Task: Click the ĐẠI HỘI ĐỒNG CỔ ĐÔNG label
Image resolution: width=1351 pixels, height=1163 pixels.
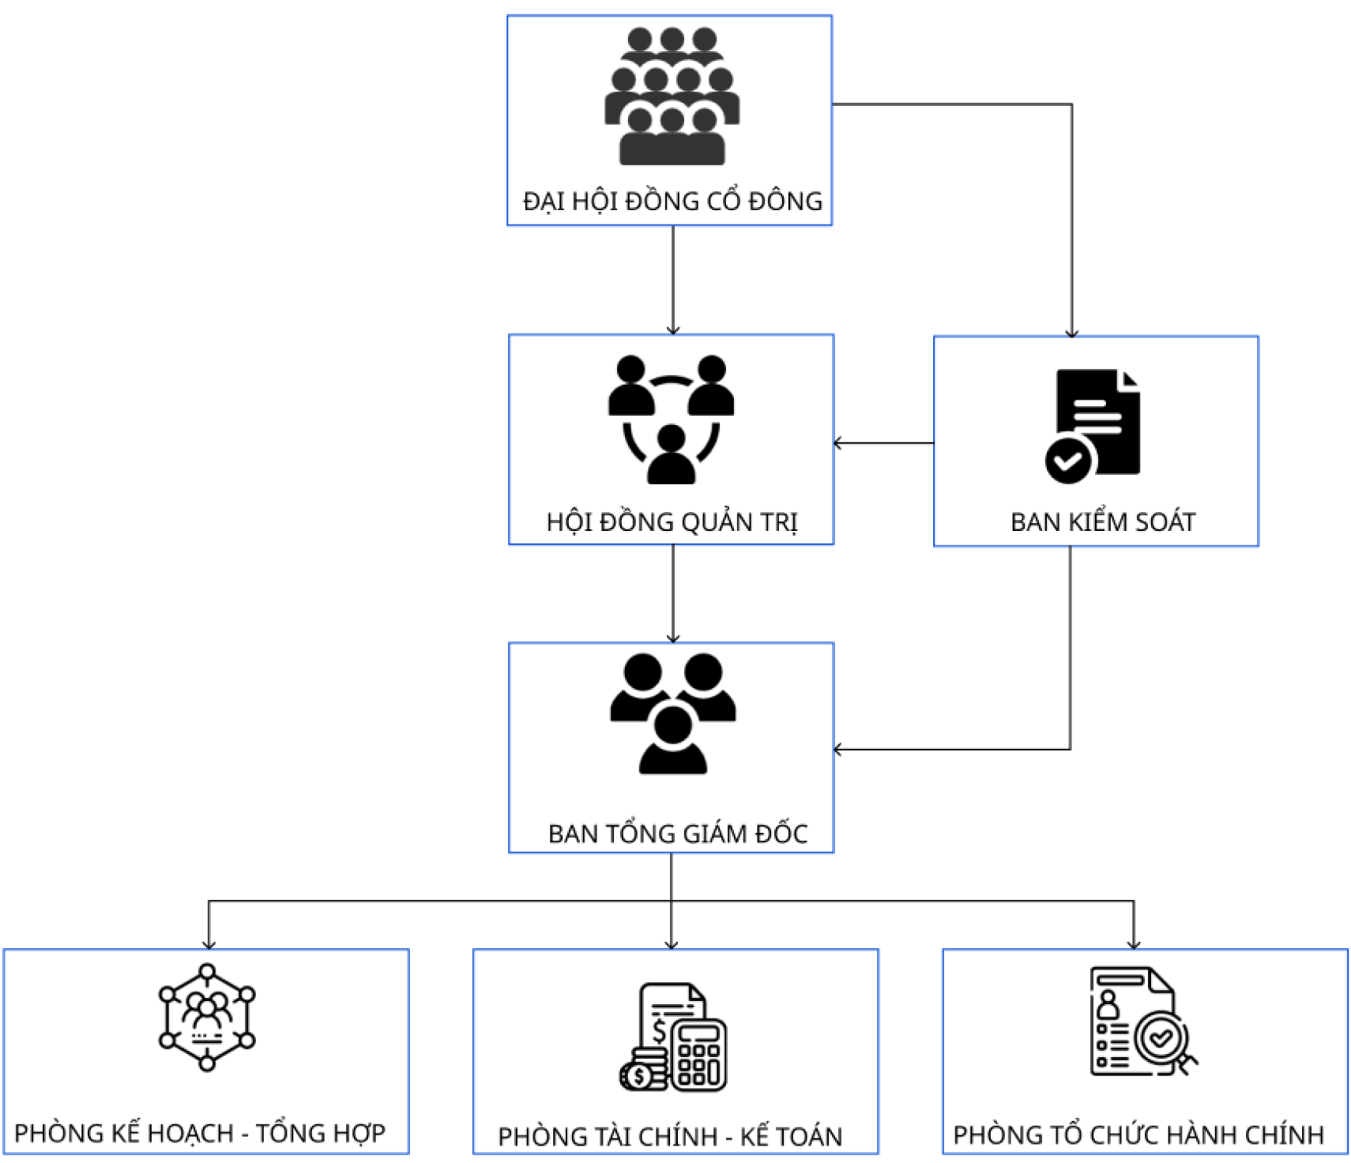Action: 672,201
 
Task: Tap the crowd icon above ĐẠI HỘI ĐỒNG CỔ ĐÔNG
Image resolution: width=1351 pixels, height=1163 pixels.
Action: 672,96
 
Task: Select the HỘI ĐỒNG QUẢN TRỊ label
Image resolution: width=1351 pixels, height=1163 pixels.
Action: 672,521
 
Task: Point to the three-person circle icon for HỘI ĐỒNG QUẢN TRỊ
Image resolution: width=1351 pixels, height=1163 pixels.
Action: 671,419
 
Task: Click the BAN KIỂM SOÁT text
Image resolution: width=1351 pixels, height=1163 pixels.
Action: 1103,521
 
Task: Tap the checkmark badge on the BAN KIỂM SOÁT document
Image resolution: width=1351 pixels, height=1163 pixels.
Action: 1068,461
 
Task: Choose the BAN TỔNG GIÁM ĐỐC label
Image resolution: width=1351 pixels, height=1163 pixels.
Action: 677,834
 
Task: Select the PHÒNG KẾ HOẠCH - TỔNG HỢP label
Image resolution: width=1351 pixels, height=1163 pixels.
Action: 200,1133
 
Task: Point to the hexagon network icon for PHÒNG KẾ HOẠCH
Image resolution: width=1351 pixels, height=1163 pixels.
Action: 207,1017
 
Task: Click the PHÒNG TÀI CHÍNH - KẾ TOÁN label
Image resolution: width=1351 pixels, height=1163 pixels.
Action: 670,1136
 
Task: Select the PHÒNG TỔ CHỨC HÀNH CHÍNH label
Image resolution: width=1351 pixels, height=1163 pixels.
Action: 1138,1135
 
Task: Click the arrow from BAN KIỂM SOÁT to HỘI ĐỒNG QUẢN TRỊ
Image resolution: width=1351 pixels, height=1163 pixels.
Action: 883,443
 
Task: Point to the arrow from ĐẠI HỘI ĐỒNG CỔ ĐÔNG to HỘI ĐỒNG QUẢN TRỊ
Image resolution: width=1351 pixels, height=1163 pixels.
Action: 673,280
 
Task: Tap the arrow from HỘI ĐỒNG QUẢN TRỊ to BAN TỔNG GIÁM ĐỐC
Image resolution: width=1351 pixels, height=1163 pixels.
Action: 673,593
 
